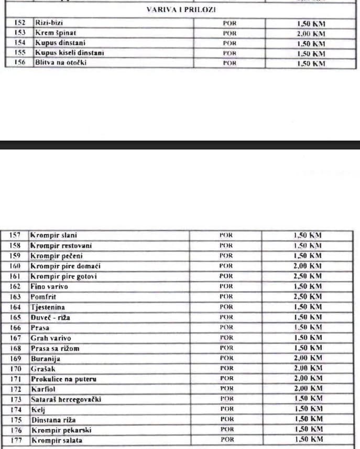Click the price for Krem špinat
click(311, 33)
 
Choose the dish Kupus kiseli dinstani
click(69, 53)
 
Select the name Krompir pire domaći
click(65, 266)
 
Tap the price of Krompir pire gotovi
click(308, 276)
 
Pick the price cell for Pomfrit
click(308, 296)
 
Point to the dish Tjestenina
click(48, 307)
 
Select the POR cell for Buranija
click(226, 358)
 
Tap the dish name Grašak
click(42, 368)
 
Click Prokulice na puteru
click(63, 378)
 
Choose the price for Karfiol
click(308, 389)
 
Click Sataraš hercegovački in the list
click(66, 399)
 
